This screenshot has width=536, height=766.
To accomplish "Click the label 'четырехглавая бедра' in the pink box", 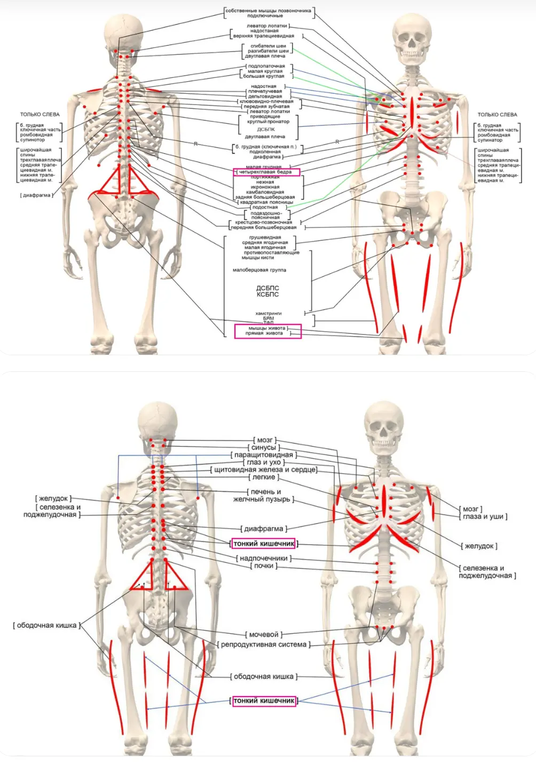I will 265,172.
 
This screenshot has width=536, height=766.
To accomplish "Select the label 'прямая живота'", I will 264,333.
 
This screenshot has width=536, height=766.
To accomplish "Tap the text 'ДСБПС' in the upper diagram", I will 267,288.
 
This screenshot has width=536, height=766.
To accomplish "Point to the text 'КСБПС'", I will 267,294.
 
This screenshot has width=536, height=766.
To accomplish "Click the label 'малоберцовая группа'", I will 259,270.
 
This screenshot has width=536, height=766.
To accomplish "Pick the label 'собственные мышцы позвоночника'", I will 268,11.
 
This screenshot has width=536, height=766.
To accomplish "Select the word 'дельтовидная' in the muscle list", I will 265,97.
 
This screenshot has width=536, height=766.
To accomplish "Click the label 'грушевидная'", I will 265,237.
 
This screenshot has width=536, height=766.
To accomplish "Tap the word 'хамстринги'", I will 268,314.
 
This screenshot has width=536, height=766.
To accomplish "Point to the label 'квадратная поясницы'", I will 266,202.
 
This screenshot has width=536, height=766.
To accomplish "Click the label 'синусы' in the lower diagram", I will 264,448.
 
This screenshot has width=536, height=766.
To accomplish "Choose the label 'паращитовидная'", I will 264,455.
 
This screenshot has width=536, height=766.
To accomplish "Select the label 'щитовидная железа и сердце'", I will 265,470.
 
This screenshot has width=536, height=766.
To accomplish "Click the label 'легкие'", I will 264,477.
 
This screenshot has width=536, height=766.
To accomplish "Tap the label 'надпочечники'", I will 264,558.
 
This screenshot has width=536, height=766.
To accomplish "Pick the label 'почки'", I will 264,566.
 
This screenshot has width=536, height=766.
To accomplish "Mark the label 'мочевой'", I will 264,635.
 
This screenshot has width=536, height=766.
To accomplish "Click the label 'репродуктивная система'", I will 264,644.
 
